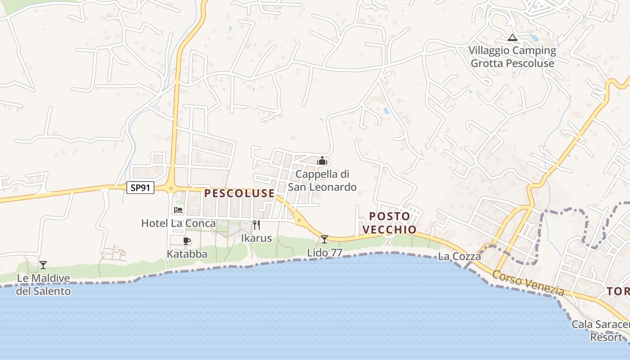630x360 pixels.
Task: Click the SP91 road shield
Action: coord(140,188)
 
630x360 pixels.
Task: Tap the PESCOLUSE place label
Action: coord(239,193)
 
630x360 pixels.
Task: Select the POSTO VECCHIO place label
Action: coord(390,223)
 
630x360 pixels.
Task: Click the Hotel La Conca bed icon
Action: coord(178,210)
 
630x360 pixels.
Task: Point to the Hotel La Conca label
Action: coord(178,223)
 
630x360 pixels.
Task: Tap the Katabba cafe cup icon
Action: coord(187,241)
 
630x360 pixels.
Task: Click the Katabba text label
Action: coord(187,254)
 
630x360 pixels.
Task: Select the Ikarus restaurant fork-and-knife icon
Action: coord(256,225)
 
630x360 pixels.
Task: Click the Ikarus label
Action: coord(256,238)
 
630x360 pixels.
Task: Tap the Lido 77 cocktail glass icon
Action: coord(324,239)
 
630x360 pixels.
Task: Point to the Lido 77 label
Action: coord(325,253)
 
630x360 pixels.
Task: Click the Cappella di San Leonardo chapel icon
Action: coord(322,161)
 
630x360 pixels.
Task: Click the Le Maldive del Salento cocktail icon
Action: coord(43,265)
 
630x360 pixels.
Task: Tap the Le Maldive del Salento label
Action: coord(44,285)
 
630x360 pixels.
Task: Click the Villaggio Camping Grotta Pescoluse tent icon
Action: coord(512,37)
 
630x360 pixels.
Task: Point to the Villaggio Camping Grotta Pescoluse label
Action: coord(513,57)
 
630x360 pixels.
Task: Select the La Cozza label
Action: coord(459,257)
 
